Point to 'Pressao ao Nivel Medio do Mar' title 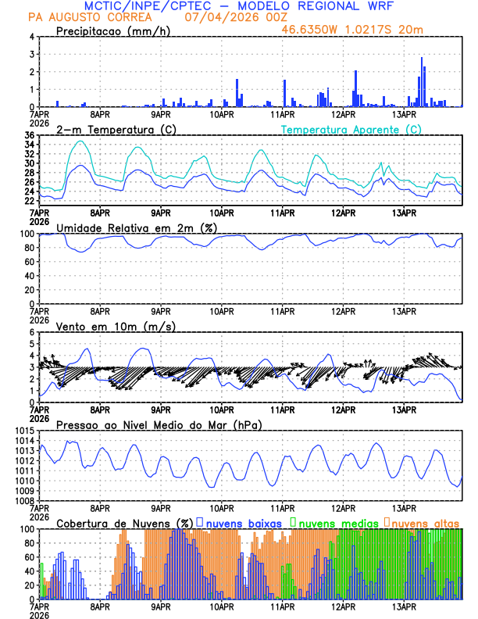tap(148, 424)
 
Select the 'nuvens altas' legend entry tap(426, 522)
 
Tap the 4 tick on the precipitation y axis tap(31, 37)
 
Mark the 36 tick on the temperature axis tap(29, 135)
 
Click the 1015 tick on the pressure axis tap(24, 431)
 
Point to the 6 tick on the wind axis tap(31, 332)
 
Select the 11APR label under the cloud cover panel tap(282, 606)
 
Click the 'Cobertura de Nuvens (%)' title tap(125, 522)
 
